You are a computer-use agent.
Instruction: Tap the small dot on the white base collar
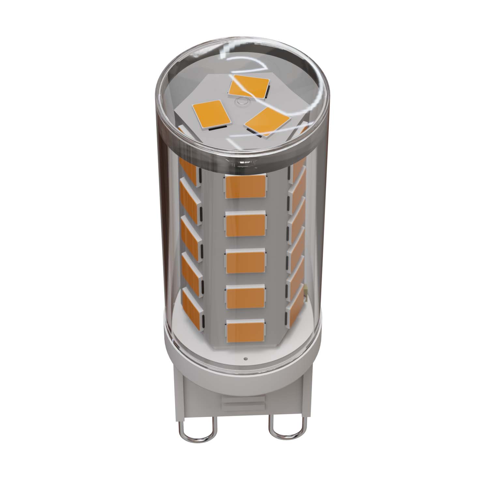pyautogui.click(x=245, y=358)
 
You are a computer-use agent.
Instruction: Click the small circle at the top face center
pyautogui.click(x=242, y=101)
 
